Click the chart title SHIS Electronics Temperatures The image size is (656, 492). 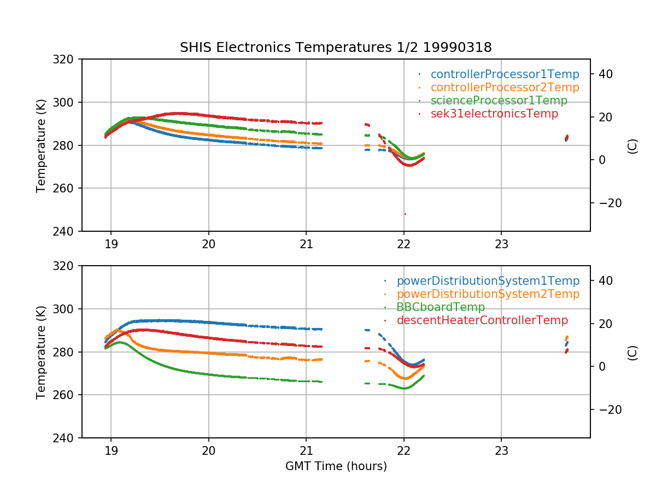pos(336,48)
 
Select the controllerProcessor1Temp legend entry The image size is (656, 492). pos(505,74)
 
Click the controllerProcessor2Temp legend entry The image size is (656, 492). pos(505,87)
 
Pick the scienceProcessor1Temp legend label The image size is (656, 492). pos(499,101)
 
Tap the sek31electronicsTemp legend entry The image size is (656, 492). pos(494,114)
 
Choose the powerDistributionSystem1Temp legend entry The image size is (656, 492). pos(488,281)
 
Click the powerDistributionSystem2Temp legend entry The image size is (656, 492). pos(488,294)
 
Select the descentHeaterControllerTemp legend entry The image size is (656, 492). pos(482,320)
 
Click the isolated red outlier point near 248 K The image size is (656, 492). pos(405,214)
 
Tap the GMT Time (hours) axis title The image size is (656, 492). pos(336,466)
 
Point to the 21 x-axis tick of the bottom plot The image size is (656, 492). pos(306,452)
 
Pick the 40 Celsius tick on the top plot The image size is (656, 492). pos(606,74)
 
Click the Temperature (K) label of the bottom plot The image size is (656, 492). pos(41,352)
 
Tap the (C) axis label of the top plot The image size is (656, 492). pos(632,145)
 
